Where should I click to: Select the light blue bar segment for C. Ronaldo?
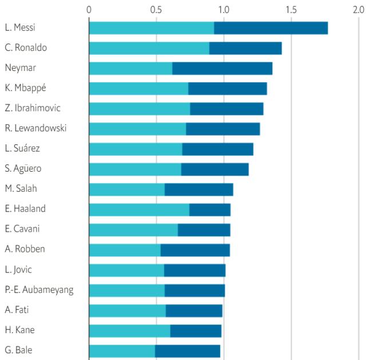click(149, 48)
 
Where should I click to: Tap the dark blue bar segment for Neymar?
click(222, 68)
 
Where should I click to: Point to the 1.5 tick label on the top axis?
click(291, 9)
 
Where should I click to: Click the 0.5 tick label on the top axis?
click(156, 9)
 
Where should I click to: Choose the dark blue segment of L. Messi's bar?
click(270, 27)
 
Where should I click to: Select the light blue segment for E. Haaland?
click(139, 209)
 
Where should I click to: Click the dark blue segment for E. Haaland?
click(210, 209)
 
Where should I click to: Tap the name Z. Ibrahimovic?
click(33, 108)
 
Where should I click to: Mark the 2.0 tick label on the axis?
click(358, 9)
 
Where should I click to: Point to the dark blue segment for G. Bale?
click(188, 350)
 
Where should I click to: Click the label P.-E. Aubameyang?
click(39, 290)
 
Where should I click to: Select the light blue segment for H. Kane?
click(130, 330)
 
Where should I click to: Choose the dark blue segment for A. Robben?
click(195, 250)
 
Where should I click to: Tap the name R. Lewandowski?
click(35, 128)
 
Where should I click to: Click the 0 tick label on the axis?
click(89, 9)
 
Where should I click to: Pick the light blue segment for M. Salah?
click(127, 189)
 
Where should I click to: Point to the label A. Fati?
click(17, 310)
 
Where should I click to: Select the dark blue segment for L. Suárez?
click(217, 149)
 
